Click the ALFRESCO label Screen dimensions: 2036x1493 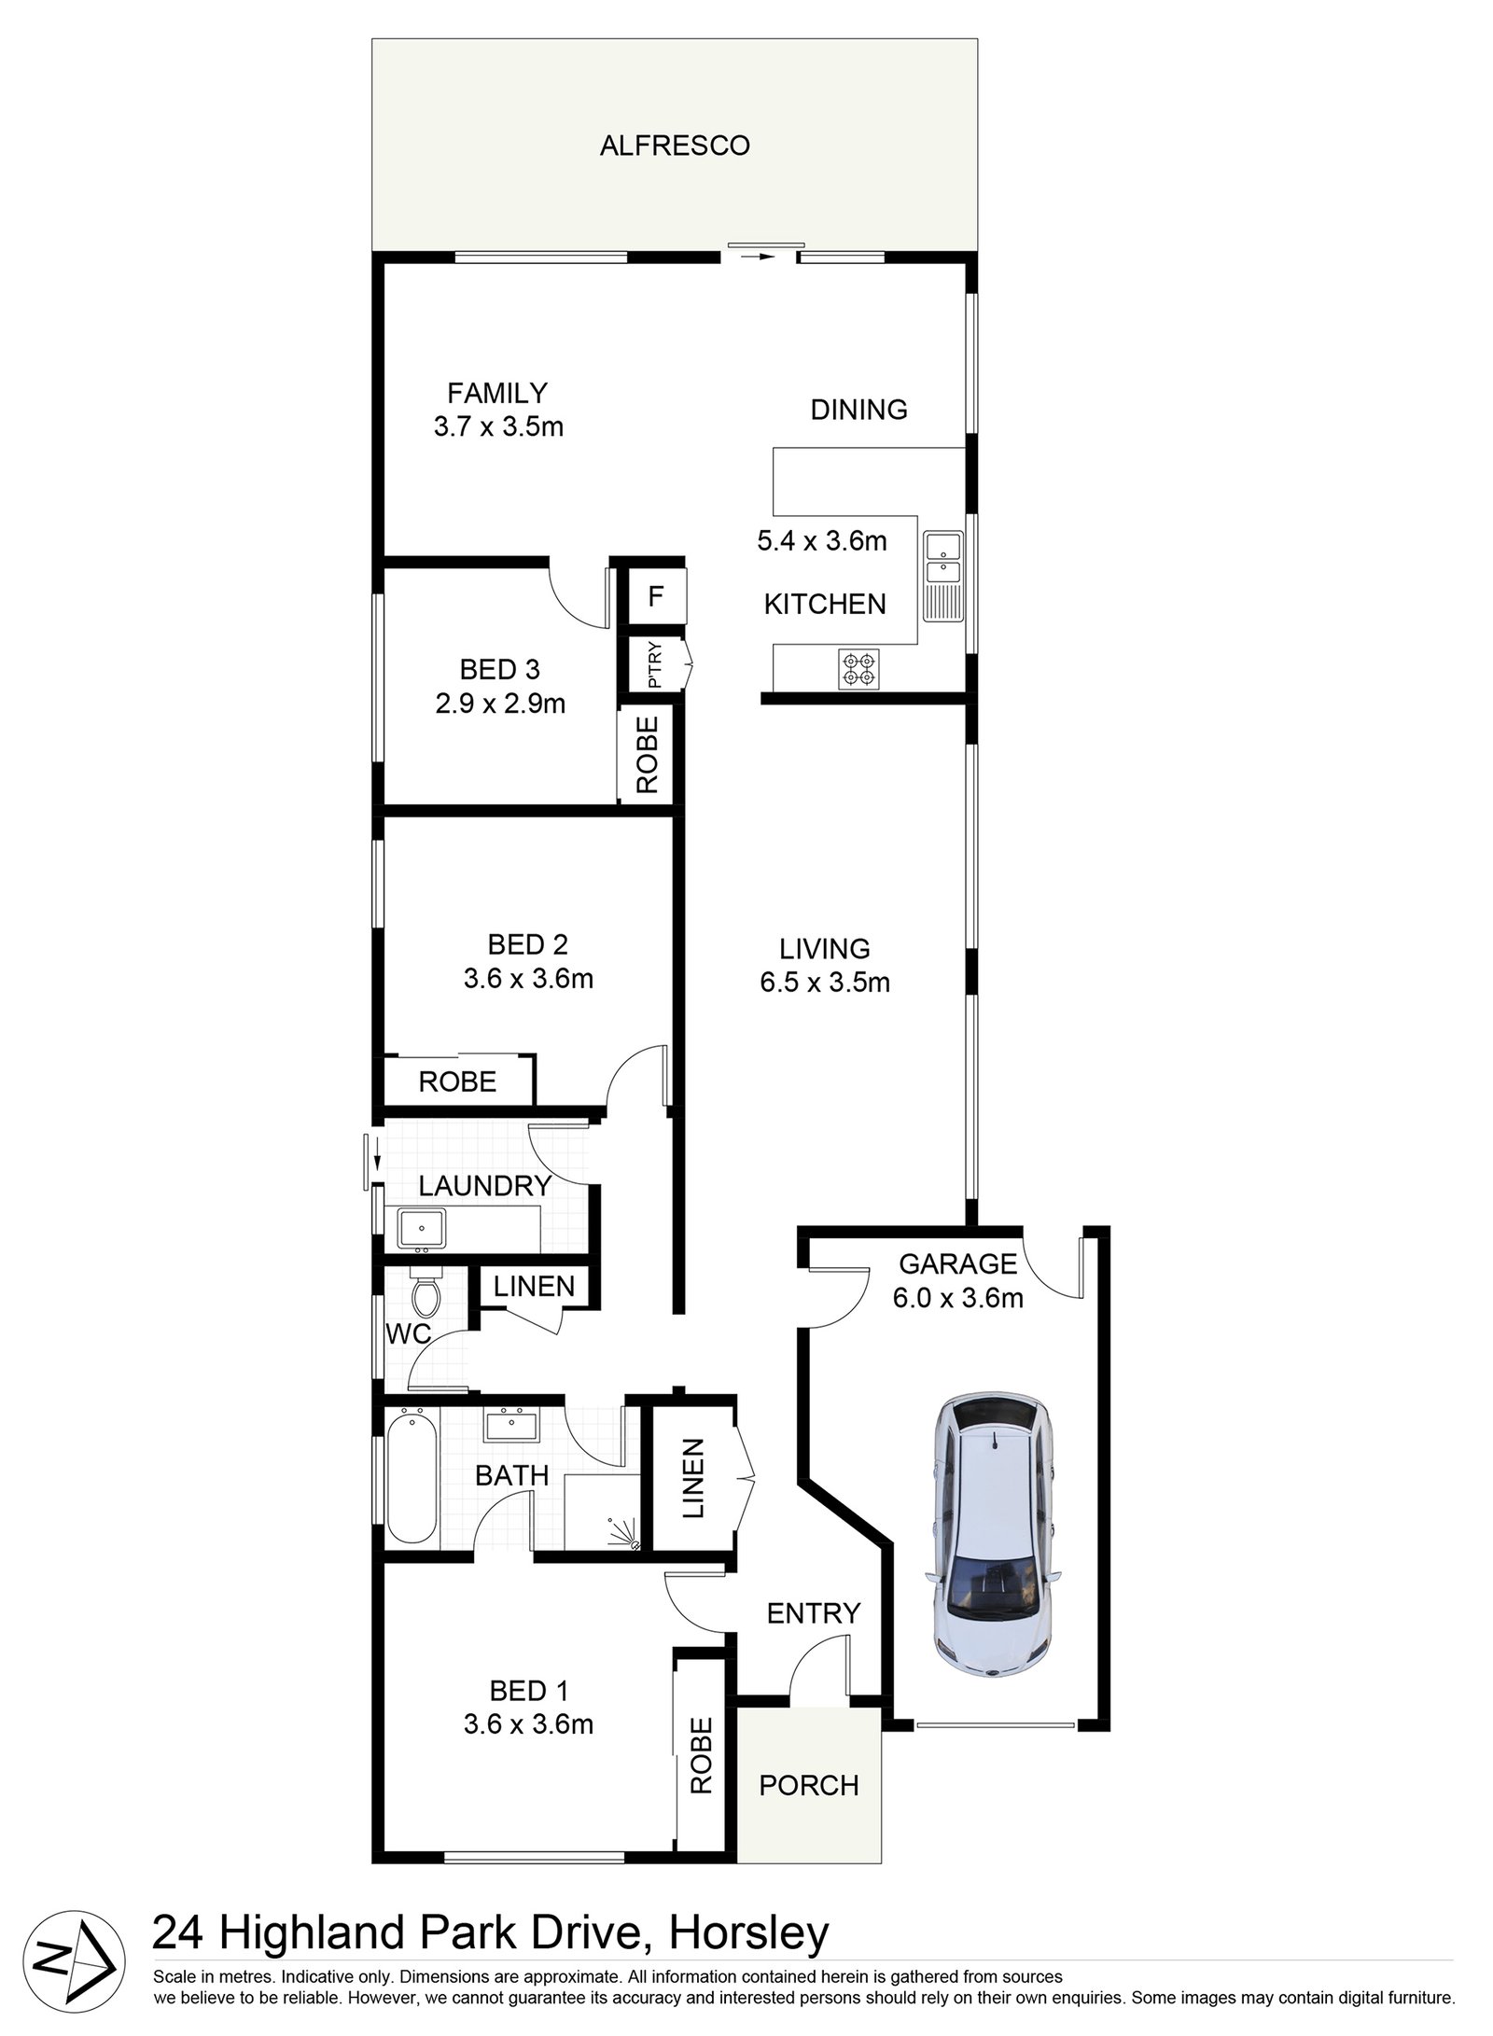pyautogui.click(x=674, y=146)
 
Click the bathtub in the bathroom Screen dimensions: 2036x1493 pyautogui.click(x=412, y=1476)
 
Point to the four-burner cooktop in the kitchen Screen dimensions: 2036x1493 pyautogui.click(x=859, y=668)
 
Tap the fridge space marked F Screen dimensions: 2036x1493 pyautogui.click(x=656, y=596)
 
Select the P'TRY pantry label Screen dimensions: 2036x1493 pyautogui.click(x=654, y=664)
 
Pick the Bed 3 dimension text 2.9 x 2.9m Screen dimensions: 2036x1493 pyautogui.click(x=500, y=704)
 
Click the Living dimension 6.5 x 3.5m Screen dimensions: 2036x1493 pyautogui.click(x=825, y=983)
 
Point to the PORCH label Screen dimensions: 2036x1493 pyautogui.click(x=808, y=1784)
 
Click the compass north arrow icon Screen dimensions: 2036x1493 pyautogui.click(x=75, y=1962)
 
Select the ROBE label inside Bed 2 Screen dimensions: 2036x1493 pyautogui.click(x=457, y=1081)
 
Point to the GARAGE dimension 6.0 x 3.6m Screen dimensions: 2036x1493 pyautogui.click(x=957, y=1297)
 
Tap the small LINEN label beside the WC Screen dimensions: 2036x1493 pyautogui.click(x=534, y=1287)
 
